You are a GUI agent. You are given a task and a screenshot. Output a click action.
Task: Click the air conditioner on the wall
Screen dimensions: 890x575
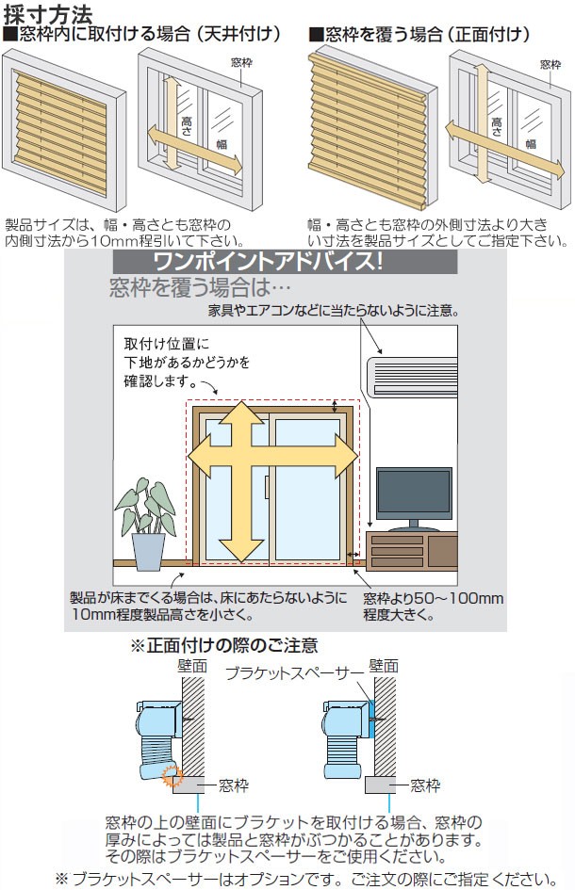pos(411,372)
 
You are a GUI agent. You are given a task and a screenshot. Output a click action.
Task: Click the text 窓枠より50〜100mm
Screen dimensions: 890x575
pos(433,599)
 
